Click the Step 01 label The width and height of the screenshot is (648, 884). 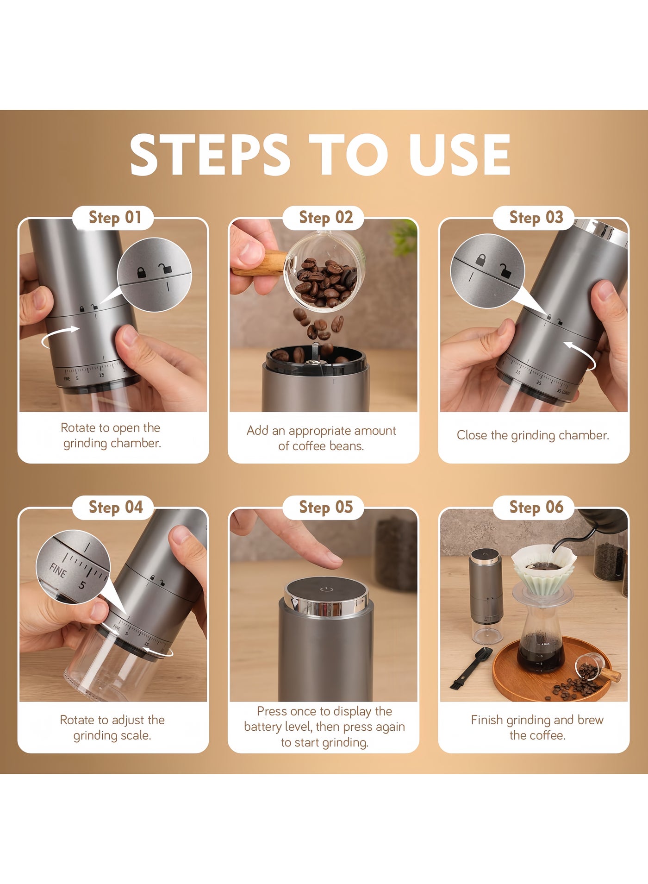point(115,218)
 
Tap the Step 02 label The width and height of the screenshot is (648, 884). point(326,218)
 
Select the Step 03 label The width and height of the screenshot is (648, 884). point(536,218)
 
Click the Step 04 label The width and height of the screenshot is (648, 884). point(116,508)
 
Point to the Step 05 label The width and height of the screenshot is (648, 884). point(326,508)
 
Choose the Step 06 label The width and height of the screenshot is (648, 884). point(536,508)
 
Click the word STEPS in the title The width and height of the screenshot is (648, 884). point(210,155)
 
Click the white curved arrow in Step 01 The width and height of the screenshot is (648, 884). point(59,337)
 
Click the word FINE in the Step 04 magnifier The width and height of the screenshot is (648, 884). point(58,571)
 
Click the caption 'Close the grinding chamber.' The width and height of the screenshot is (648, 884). point(533,435)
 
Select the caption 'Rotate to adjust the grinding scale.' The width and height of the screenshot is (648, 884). point(112,727)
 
